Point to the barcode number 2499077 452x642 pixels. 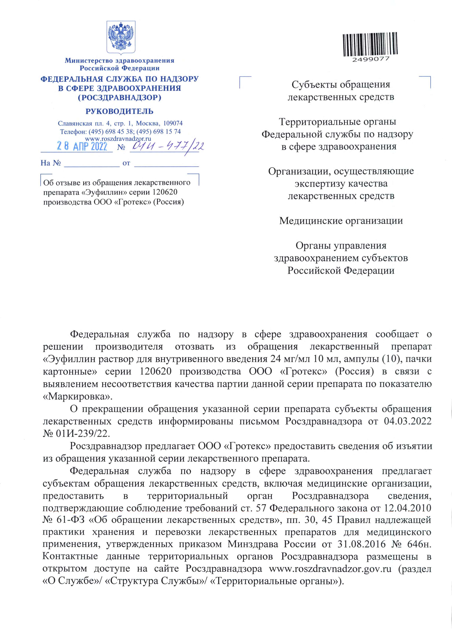click(x=370, y=59)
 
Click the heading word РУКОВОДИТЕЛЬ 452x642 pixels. click(x=119, y=111)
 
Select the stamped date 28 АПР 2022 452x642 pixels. click(x=82, y=146)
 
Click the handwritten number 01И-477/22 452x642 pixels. click(x=167, y=146)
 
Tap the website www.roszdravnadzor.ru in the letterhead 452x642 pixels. click(x=118, y=138)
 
